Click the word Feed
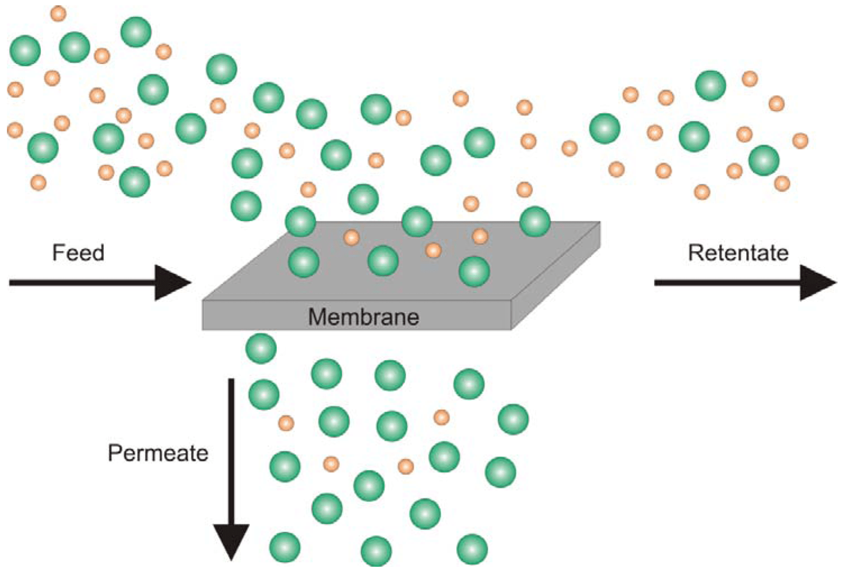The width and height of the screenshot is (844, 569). pyautogui.click(x=78, y=252)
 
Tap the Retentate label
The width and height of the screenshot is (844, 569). pyautogui.click(x=738, y=252)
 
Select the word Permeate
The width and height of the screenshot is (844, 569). pyautogui.click(x=158, y=453)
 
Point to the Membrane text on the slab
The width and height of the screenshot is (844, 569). pyautogui.click(x=363, y=317)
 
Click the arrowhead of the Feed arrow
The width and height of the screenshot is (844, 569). pyautogui.click(x=172, y=282)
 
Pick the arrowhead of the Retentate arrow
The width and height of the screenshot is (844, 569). pyautogui.click(x=817, y=282)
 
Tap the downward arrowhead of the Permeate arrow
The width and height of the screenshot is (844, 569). pyautogui.click(x=231, y=541)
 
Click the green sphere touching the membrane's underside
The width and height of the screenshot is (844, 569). pyautogui.click(x=261, y=348)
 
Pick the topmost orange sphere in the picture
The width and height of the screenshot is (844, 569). pyautogui.click(x=58, y=13)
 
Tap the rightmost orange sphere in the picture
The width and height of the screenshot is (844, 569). pyautogui.click(x=800, y=141)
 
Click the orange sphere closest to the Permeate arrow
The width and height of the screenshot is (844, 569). pyautogui.click(x=286, y=423)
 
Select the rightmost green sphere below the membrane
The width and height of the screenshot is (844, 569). pyautogui.click(x=514, y=419)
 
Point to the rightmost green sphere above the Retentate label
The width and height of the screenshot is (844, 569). pyautogui.click(x=764, y=160)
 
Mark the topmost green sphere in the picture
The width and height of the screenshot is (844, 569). pyautogui.click(x=136, y=32)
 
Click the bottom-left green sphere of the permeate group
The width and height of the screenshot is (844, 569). pyautogui.click(x=285, y=547)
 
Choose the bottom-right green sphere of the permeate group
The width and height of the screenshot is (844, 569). pyautogui.click(x=472, y=549)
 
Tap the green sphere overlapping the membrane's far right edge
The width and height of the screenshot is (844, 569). pyautogui.click(x=535, y=221)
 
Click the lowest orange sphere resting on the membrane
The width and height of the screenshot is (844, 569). pyautogui.click(x=433, y=250)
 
